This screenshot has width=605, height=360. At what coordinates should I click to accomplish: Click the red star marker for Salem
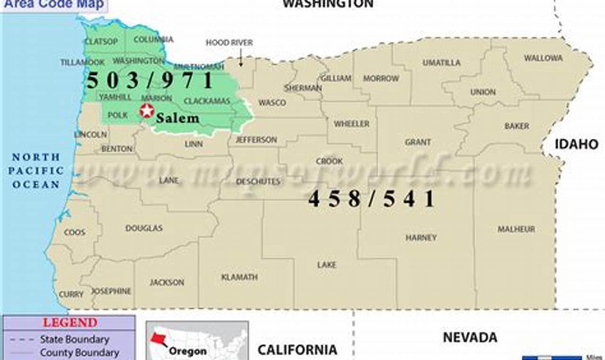[x=147, y=111]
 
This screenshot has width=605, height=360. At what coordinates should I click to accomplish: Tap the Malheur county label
[x=516, y=229]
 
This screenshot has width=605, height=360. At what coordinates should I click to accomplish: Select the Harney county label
[x=421, y=238]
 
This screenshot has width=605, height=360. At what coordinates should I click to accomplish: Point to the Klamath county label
[x=240, y=277]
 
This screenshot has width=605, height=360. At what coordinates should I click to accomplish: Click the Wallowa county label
[x=543, y=58]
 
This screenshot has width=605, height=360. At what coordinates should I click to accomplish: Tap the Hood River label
[x=229, y=43]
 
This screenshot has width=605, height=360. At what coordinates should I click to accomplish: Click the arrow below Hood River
[x=240, y=59]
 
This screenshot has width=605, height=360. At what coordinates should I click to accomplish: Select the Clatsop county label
[x=101, y=42]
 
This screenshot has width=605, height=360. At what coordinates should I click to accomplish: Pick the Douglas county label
[x=144, y=228]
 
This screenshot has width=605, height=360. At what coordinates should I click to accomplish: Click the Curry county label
[x=71, y=295]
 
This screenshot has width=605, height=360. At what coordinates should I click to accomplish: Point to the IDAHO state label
[x=577, y=144]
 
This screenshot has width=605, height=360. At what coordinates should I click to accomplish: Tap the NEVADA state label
[x=470, y=337]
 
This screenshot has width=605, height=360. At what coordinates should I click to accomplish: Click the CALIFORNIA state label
[x=297, y=350]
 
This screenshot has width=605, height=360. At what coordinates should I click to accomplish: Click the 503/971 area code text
[x=150, y=81]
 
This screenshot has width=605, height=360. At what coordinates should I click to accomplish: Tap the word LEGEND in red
[x=70, y=323]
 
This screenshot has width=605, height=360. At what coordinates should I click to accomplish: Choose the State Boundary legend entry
[x=74, y=339]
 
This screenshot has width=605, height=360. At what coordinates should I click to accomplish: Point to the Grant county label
[x=418, y=142]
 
